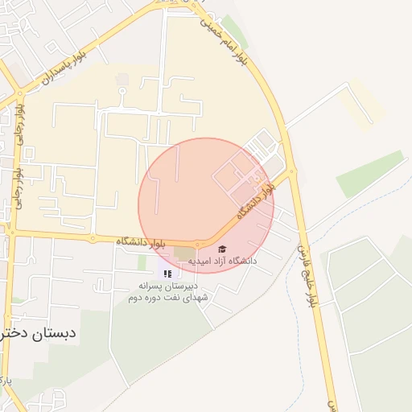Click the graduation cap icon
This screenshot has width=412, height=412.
click(x=223, y=249)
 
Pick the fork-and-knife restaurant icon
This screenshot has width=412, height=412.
click(x=167, y=274)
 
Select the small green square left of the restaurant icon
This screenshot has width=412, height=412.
click(x=142, y=262)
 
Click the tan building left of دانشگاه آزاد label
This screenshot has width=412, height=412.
click(x=184, y=253)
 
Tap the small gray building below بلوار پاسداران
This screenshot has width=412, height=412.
click(x=122, y=80)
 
